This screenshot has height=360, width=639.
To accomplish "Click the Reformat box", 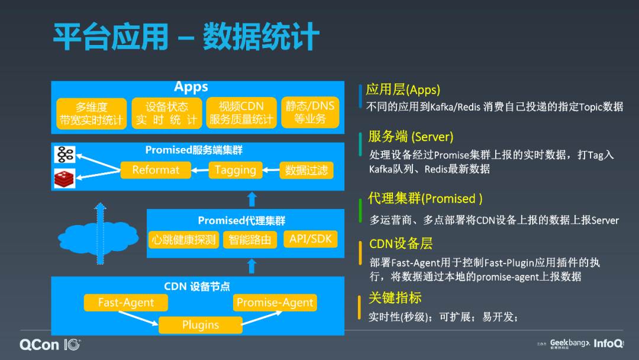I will click(x=156, y=170).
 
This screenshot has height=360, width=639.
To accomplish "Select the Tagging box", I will click(x=235, y=170).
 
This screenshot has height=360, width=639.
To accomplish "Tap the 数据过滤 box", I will click(x=306, y=170).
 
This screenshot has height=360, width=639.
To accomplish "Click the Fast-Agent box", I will click(x=126, y=303).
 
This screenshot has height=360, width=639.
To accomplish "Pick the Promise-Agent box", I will click(x=275, y=303).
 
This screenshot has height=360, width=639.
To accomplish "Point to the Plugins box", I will click(x=201, y=324).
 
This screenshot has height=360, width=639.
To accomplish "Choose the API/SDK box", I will click(x=311, y=239).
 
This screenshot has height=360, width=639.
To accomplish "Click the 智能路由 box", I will click(x=251, y=239).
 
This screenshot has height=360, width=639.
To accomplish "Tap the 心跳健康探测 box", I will click(x=184, y=239).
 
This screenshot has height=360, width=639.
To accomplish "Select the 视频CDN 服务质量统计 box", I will click(x=241, y=112).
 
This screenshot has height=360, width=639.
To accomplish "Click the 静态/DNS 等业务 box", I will click(x=310, y=112).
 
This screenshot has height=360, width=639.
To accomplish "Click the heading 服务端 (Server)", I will click(x=411, y=137).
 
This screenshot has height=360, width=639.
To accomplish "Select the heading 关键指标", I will click(x=395, y=297).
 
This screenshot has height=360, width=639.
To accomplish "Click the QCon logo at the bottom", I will click(x=50, y=344).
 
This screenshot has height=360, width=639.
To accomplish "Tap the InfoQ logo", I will click(x=609, y=343).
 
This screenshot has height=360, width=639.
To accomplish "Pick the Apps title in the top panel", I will click(x=191, y=87).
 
